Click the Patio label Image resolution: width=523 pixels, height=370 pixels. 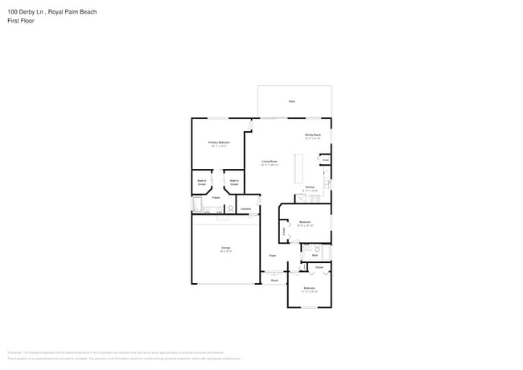click(291, 101)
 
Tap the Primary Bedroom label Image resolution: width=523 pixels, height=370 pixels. click(219, 142)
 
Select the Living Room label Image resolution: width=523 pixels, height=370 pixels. click(270, 162)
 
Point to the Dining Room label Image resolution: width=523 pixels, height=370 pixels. click(312, 134)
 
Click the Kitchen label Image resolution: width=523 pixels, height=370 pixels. click(310, 187)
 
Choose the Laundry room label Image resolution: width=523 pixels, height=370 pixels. click(246, 209)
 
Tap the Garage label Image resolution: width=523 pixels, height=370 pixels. click(226, 248)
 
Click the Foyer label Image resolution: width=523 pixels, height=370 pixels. click(273, 255)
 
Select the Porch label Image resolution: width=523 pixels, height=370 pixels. click(274, 280)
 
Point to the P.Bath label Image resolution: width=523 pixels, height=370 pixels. click(216, 197)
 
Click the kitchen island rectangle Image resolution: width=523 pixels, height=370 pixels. click(298, 167)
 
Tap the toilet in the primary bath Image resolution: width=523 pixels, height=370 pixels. click(231, 208)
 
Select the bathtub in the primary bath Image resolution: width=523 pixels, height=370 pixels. click(198, 206)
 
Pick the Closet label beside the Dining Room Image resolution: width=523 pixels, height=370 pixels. click(325, 160)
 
